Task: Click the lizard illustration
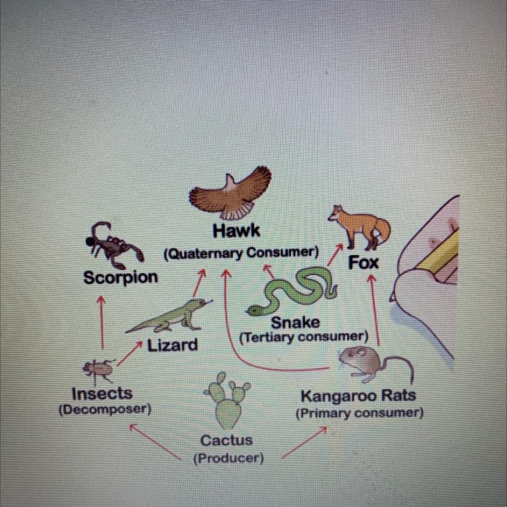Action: click(169, 316)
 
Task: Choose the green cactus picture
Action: click(227, 402)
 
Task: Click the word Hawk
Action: click(236, 231)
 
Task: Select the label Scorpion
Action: click(121, 277)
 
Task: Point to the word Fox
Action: click(364, 263)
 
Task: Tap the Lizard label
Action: click(173, 345)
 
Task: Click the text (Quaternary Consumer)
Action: click(241, 252)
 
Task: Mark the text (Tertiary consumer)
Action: click(303, 337)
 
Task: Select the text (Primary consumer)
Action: click(359, 413)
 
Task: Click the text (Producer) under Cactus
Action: click(228, 458)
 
